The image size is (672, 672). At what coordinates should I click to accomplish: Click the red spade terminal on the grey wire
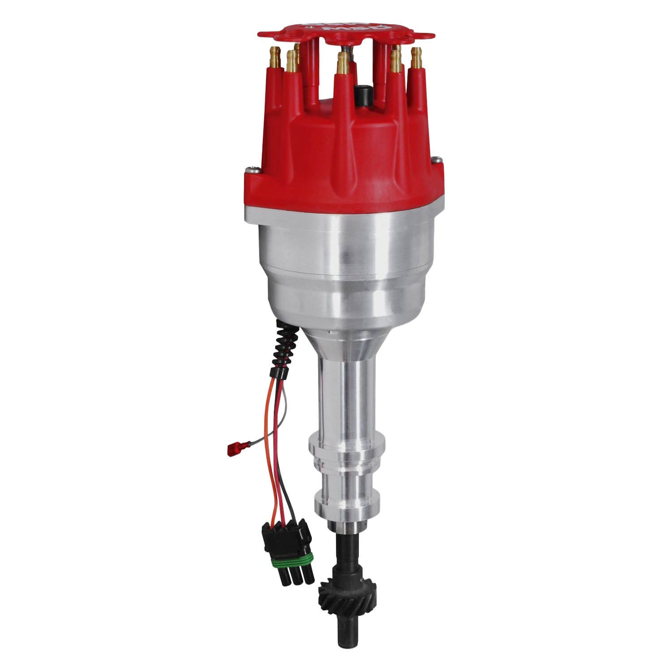233,448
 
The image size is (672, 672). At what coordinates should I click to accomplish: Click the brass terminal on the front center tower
343,63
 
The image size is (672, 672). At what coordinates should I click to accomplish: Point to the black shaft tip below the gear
345,636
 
